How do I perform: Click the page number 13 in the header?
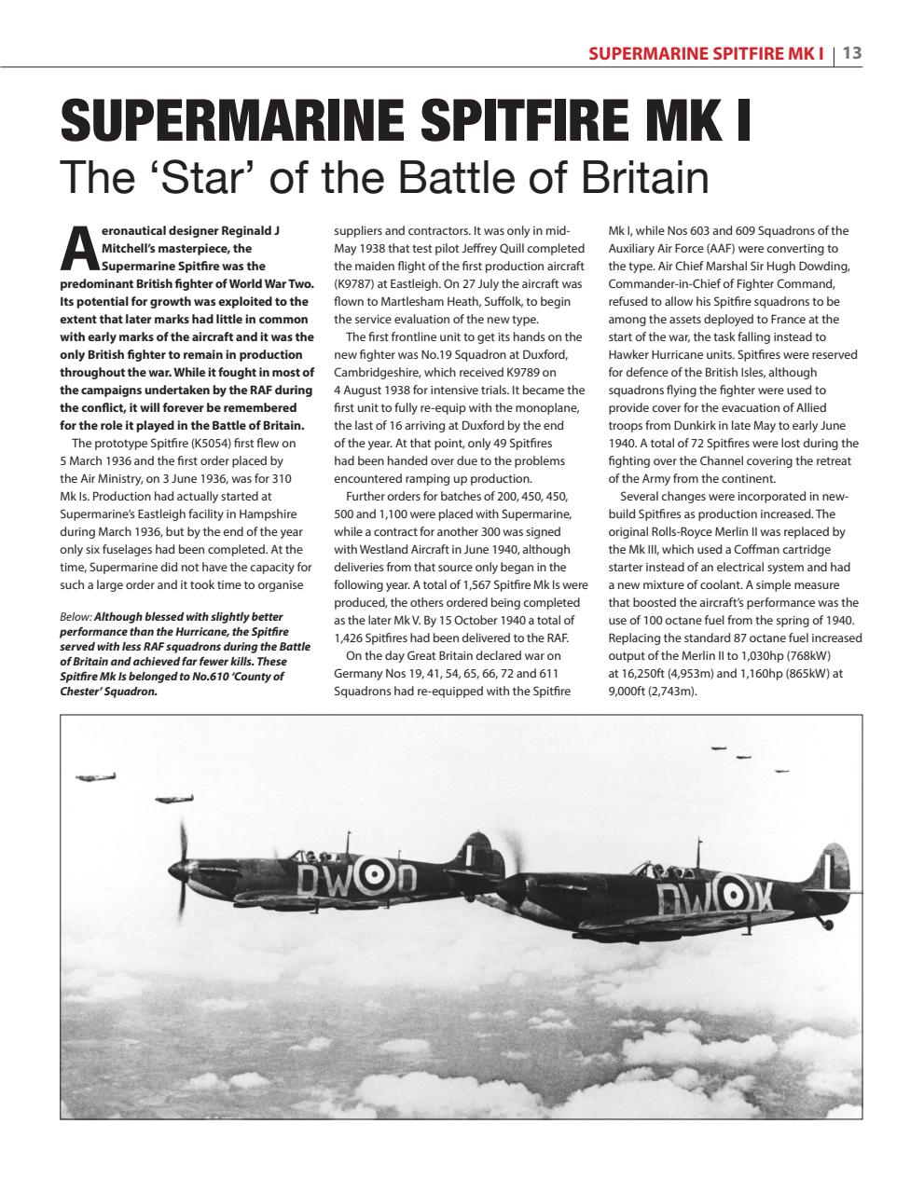(851, 53)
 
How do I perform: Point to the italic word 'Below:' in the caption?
(76, 616)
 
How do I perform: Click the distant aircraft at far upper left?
(95, 776)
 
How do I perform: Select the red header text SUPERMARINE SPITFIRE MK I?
(706, 53)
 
